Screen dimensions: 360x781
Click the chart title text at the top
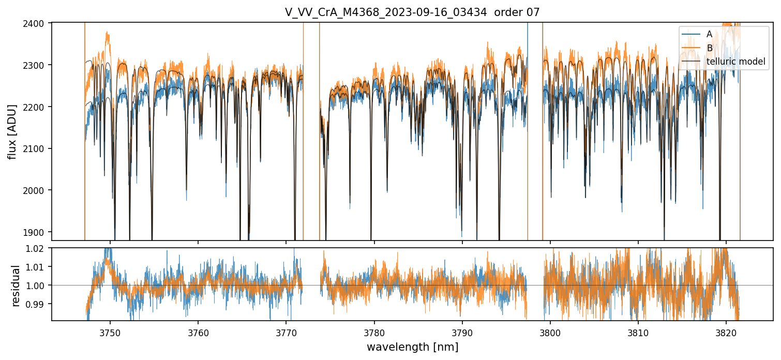click(412, 12)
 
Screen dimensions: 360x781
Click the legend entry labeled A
click(709, 34)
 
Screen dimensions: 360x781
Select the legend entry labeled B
click(709, 48)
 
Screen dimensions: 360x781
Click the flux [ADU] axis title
click(12, 131)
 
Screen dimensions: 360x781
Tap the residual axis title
click(16, 286)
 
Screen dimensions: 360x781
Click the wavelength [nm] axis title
click(412, 347)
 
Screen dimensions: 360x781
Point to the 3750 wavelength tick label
click(110, 332)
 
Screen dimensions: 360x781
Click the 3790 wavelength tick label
click(462, 332)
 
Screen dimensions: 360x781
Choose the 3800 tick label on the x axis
click(550, 332)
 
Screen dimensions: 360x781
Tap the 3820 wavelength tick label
click(726, 332)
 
